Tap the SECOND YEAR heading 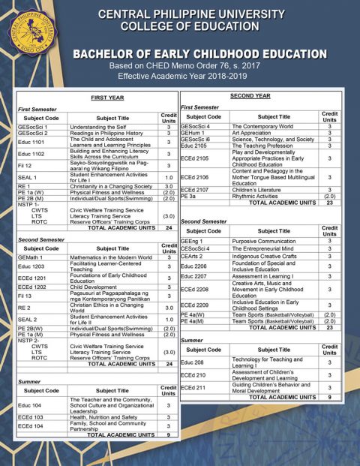(x=250, y=97)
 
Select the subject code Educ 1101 (x=31, y=142)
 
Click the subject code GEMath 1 (x=33, y=257)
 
